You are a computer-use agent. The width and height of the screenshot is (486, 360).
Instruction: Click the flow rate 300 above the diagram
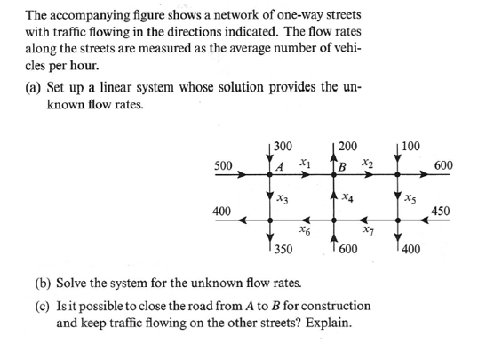pos(284,145)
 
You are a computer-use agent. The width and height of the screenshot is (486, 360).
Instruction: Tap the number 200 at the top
pos(347,145)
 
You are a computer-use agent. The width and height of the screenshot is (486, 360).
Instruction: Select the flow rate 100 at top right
pos(410,145)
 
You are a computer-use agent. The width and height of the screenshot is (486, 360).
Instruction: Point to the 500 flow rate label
pos(224,165)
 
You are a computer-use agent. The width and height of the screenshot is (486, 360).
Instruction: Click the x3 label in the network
pos(283,195)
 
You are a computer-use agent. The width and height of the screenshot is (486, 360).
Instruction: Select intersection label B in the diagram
pos(341,165)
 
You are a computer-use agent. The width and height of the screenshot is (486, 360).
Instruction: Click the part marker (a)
pos(34,92)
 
